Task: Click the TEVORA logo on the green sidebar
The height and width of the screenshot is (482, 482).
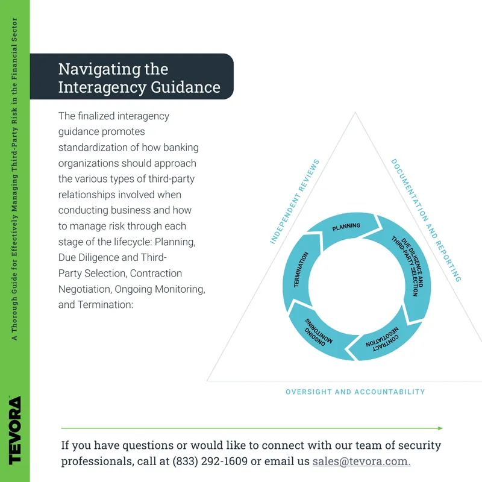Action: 14,430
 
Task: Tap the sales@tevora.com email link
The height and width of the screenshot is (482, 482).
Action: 361,461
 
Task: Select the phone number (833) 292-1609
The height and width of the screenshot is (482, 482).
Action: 210,461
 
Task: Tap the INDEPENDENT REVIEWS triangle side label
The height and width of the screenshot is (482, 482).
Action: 295,202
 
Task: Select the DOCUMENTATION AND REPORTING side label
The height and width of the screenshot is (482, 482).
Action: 426,220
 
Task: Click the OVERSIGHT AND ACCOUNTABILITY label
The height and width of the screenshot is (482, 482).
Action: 355,392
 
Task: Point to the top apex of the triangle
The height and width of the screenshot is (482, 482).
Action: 355,113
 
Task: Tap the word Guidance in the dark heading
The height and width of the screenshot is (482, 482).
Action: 186,87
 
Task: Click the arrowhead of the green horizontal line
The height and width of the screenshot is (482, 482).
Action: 440,428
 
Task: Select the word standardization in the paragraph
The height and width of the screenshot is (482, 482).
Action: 93,147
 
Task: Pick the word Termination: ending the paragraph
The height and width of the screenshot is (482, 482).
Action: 105,305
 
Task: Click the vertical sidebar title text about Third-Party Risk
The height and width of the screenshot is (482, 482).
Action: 14,179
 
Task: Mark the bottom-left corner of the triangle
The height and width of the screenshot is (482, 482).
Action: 207,381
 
